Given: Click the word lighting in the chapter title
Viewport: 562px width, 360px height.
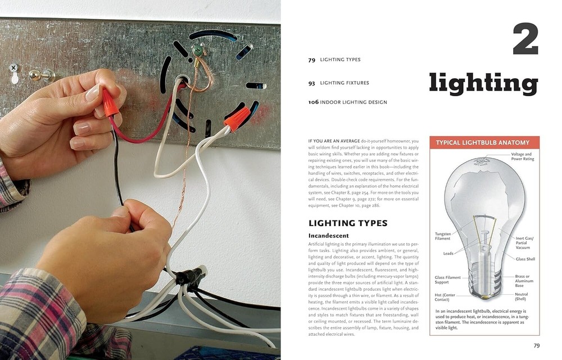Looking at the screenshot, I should (x=483, y=83).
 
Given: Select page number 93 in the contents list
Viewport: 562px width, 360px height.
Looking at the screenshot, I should (x=311, y=83).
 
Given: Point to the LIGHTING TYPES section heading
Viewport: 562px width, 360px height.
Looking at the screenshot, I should (x=348, y=223).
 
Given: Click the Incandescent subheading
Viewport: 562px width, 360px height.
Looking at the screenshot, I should (x=329, y=236).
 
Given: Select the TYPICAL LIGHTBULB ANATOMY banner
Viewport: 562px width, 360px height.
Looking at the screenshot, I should (x=484, y=143).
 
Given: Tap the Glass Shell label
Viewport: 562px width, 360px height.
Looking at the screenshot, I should (x=525, y=259).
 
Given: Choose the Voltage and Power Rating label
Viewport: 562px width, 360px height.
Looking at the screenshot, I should (x=522, y=157).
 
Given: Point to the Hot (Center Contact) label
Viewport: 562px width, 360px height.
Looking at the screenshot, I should (x=445, y=297).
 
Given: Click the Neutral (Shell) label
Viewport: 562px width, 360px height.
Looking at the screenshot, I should (x=521, y=297).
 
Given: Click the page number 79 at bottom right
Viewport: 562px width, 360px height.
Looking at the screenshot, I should (x=536, y=346).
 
